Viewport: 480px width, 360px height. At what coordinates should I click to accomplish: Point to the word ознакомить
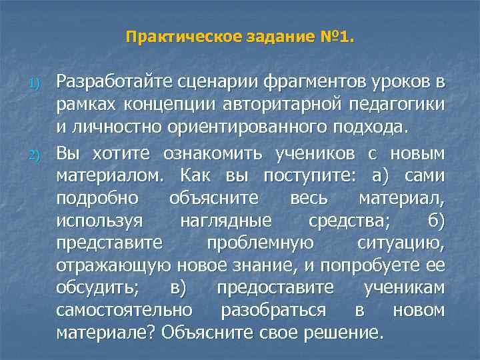coord(215,154)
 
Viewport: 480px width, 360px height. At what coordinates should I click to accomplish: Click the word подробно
coord(97,199)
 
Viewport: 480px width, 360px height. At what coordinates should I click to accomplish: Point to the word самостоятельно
coord(125,311)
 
